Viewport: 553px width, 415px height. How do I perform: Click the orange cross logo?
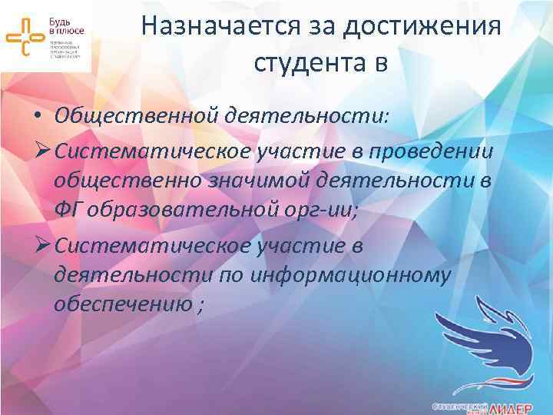pyautogui.click(x=26, y=35)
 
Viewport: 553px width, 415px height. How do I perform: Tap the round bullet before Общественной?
pyautogui.click(x=37, y=116)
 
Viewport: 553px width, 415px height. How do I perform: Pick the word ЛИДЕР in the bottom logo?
pyautogui.click(x=515, y=407)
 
